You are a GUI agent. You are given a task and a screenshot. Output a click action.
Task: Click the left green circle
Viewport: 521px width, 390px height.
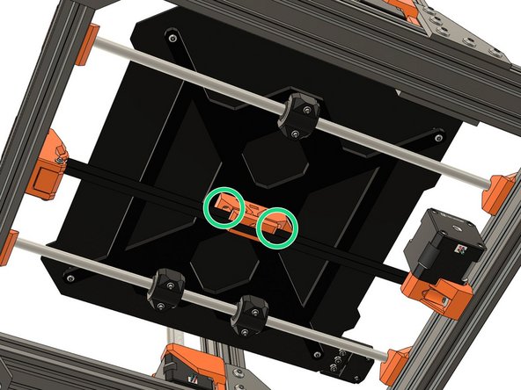point(224,206)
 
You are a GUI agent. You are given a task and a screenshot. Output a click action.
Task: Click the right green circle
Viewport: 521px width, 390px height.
point(277,227)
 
